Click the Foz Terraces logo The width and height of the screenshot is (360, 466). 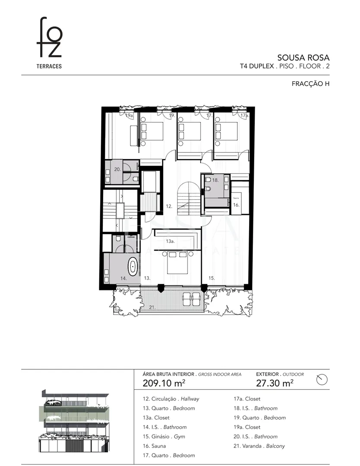[49, 43]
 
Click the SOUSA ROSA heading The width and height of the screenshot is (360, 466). [303, 58]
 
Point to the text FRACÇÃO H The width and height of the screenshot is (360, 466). [310, 84]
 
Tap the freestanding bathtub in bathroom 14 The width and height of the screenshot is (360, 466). [133, 267]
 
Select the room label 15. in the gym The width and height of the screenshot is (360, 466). [212, 278]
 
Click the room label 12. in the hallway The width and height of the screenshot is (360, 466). [169, 206]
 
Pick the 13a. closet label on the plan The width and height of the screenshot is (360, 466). [171, 241]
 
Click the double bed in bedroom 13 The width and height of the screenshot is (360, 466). [178, 262]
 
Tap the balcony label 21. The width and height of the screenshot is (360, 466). [152, 307]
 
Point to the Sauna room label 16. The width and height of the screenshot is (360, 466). [237, 205]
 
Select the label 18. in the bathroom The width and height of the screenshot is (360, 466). [215, 180]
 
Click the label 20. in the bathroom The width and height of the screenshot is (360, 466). [117, 169]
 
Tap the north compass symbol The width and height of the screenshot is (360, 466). [322, 380]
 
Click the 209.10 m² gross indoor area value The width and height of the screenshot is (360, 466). [164, 383]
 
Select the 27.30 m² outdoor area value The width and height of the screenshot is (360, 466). [275, 383]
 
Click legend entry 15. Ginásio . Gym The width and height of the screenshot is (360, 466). [164, 437]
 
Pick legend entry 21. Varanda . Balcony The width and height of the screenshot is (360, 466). [259, 446]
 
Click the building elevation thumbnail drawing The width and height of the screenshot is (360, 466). [74, 421]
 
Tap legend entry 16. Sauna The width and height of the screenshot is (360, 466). [154, 446]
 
